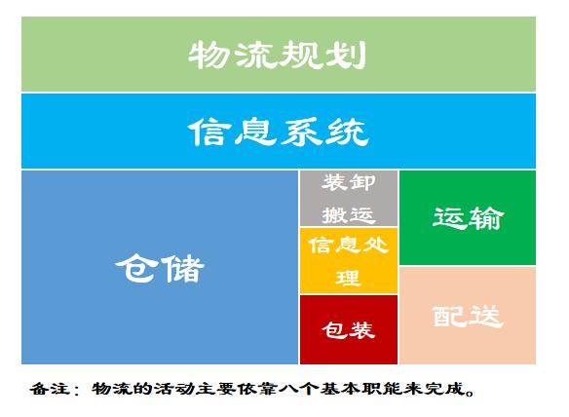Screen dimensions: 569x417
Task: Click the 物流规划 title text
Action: pos(277,55)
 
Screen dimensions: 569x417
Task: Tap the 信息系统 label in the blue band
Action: pos(279,132)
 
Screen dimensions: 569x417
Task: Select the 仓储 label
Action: pos(160,269)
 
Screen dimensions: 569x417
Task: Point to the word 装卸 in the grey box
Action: pos(349,182)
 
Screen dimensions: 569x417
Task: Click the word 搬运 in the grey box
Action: pos(349,215)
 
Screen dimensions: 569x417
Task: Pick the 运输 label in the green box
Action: pos(468,218)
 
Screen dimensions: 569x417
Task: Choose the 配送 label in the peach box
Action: pos(468,317)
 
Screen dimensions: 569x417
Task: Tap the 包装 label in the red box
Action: pos(349,330)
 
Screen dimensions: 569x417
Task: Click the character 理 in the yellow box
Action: pos(349,278)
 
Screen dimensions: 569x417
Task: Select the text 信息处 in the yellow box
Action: pos(349,245)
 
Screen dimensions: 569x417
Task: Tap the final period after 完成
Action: pos(471,393)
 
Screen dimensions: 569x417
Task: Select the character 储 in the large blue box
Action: pos(183,269)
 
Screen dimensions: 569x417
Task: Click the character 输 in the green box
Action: pos(486,218)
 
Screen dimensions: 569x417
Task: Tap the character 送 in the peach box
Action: pos(486,317)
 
